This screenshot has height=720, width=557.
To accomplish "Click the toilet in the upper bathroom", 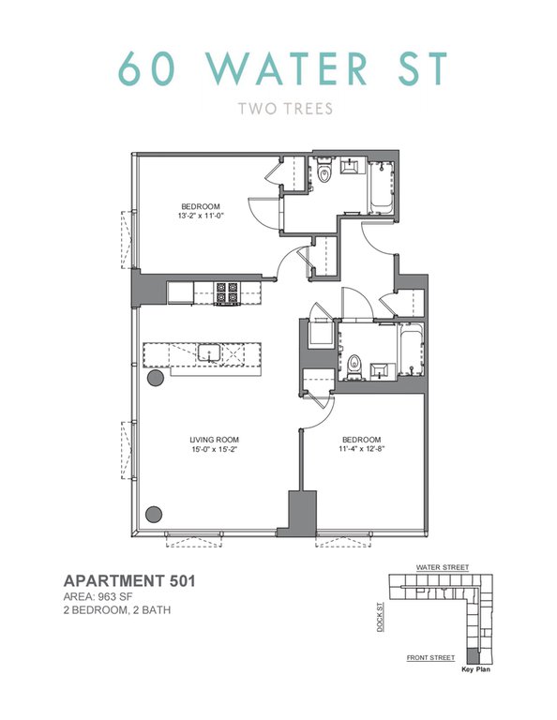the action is (324, 171).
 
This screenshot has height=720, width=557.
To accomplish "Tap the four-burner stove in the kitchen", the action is (227, 292).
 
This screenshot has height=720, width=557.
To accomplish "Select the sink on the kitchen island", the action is (209, 353).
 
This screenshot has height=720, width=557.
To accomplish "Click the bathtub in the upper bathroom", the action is (381, 187).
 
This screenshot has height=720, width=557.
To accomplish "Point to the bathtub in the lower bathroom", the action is (411, 350).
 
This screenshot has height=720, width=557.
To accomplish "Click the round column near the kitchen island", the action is (156, 378).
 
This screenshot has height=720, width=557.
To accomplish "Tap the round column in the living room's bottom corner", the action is (154, 514).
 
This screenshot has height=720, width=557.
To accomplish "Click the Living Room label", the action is (215, 440).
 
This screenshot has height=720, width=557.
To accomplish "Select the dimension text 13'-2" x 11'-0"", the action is (201, 216).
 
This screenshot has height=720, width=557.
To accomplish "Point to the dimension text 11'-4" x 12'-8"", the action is (361, 449).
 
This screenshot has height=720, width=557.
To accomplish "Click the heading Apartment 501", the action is (129, 581).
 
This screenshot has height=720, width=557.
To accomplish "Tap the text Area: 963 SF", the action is (98, 597).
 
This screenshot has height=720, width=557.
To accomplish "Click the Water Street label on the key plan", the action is (443, 567).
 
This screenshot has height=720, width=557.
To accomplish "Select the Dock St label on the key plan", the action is (380, 617).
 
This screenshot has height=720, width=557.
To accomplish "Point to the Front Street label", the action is (430, 657).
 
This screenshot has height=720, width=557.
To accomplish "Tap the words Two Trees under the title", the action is (286, 109).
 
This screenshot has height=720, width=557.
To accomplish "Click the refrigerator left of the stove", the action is (180, 292).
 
